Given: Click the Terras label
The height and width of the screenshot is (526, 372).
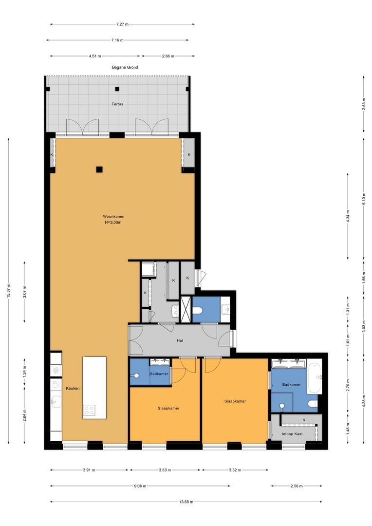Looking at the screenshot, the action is (x=117, y=104).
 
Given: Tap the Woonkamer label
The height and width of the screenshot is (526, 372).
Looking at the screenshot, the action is (x=114, y=216).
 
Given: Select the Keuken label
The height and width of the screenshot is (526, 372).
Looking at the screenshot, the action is (x=73, y=388).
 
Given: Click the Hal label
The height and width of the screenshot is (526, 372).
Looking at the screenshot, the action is (x=180, y=340).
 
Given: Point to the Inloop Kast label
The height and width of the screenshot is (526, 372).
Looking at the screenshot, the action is (x=292, y=434).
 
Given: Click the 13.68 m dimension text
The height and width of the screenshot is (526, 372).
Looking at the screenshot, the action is (x=186, y=502).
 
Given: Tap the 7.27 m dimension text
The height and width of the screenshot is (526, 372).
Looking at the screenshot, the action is (x=122, y=24).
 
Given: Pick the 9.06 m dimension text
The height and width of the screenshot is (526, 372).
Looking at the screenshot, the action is (x=140, y=486).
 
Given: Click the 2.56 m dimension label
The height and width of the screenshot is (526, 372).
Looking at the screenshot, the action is (x=297, y=486).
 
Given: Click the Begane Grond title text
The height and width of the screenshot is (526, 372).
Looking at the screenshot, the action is (x=125, y=67).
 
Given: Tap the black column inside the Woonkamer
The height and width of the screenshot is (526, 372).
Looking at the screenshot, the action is (x=99, y=169).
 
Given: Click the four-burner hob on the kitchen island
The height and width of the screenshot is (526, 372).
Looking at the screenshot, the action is (x=89, y=410).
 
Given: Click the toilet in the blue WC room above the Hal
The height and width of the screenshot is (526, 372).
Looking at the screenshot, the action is (x=197, y=310).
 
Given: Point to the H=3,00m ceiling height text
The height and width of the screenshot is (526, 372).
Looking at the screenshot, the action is (x=113, y=222).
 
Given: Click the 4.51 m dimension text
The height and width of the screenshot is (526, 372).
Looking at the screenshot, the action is (x=95, y=56).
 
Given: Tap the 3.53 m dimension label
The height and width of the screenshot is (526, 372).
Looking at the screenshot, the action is (x=165, y=470).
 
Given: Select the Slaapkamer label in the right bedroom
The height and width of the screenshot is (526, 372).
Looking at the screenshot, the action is (x=235, y=401).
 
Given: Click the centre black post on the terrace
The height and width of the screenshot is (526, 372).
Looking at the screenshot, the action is (x=117, y=89).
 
